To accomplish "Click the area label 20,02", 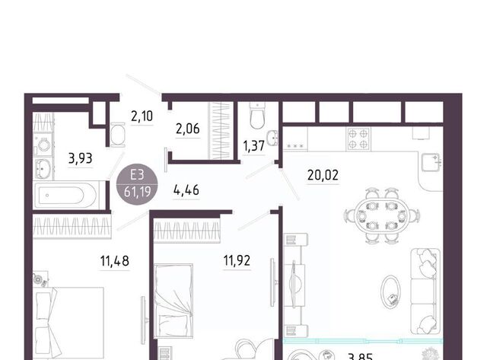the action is (x=323, y=176).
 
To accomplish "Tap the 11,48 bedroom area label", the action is (x=115, y=261).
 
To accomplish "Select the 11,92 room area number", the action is (x=237, y=260).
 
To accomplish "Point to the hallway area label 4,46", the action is (x=186, y=190).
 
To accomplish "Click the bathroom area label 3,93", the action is (x=80, y=158).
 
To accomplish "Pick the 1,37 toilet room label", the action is (x=253, y=146).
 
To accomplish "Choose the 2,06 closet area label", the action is (x=188, y=129).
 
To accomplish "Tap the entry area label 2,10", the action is (x=142, y=116).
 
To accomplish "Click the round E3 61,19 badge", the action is (x=137, y=184).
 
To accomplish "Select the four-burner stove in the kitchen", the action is (x=358, y=139).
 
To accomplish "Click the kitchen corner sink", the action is (x=431, y=162).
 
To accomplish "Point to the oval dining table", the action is (x=382, y=215).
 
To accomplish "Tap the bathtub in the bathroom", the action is (x=66, y=196).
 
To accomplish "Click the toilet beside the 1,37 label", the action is (x=257, y=116).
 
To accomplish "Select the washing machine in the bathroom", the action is (x=43, y=145).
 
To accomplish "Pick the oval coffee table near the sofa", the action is (x=390, y=292).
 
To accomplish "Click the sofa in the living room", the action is (x=425, y=292).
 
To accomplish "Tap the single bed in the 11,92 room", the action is (x=173, y=301).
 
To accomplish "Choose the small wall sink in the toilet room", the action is (x=274, y=138).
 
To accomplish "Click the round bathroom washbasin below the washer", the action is (x=43, y=169).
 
